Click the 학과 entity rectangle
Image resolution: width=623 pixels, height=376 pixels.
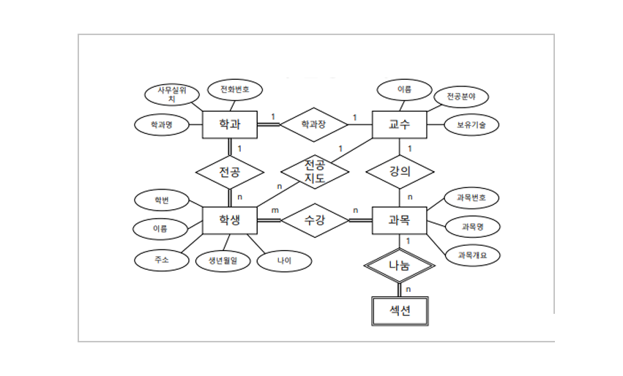pyautogui.click(x=230, y=125)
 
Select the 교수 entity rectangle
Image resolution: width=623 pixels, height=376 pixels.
pyautogui.click(x=399, y=125)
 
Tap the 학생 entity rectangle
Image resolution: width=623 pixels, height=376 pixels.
pyautogui.click(x=230, y=219)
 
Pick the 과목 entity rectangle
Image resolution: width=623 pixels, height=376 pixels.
pyautogui.click(x=399, y=219)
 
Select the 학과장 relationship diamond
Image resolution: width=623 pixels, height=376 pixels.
pyautogui.click(x=314, y=125)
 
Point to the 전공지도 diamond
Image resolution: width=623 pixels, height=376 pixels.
pyautogui.click(x=315, y=173)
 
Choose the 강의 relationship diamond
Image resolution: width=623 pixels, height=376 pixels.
pyautogui.click(x=399, y=173)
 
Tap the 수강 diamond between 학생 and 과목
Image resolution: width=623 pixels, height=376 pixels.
pyautogui.click(x=314, y=219)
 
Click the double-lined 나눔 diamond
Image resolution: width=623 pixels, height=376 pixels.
pyautogui.click(x=399, y=266)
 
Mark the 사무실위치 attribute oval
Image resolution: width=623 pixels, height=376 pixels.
pyautogui.click(x=172, y=94)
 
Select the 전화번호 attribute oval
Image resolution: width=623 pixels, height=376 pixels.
pyautogui.click(x=234, y=90)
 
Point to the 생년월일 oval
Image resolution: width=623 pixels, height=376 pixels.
pyautogui.click(x=223, y=260)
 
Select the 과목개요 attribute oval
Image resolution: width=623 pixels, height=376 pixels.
pyautogui.click(x=472, y=255)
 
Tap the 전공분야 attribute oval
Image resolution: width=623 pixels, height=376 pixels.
pyautogui.click(x=461, y=96)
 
